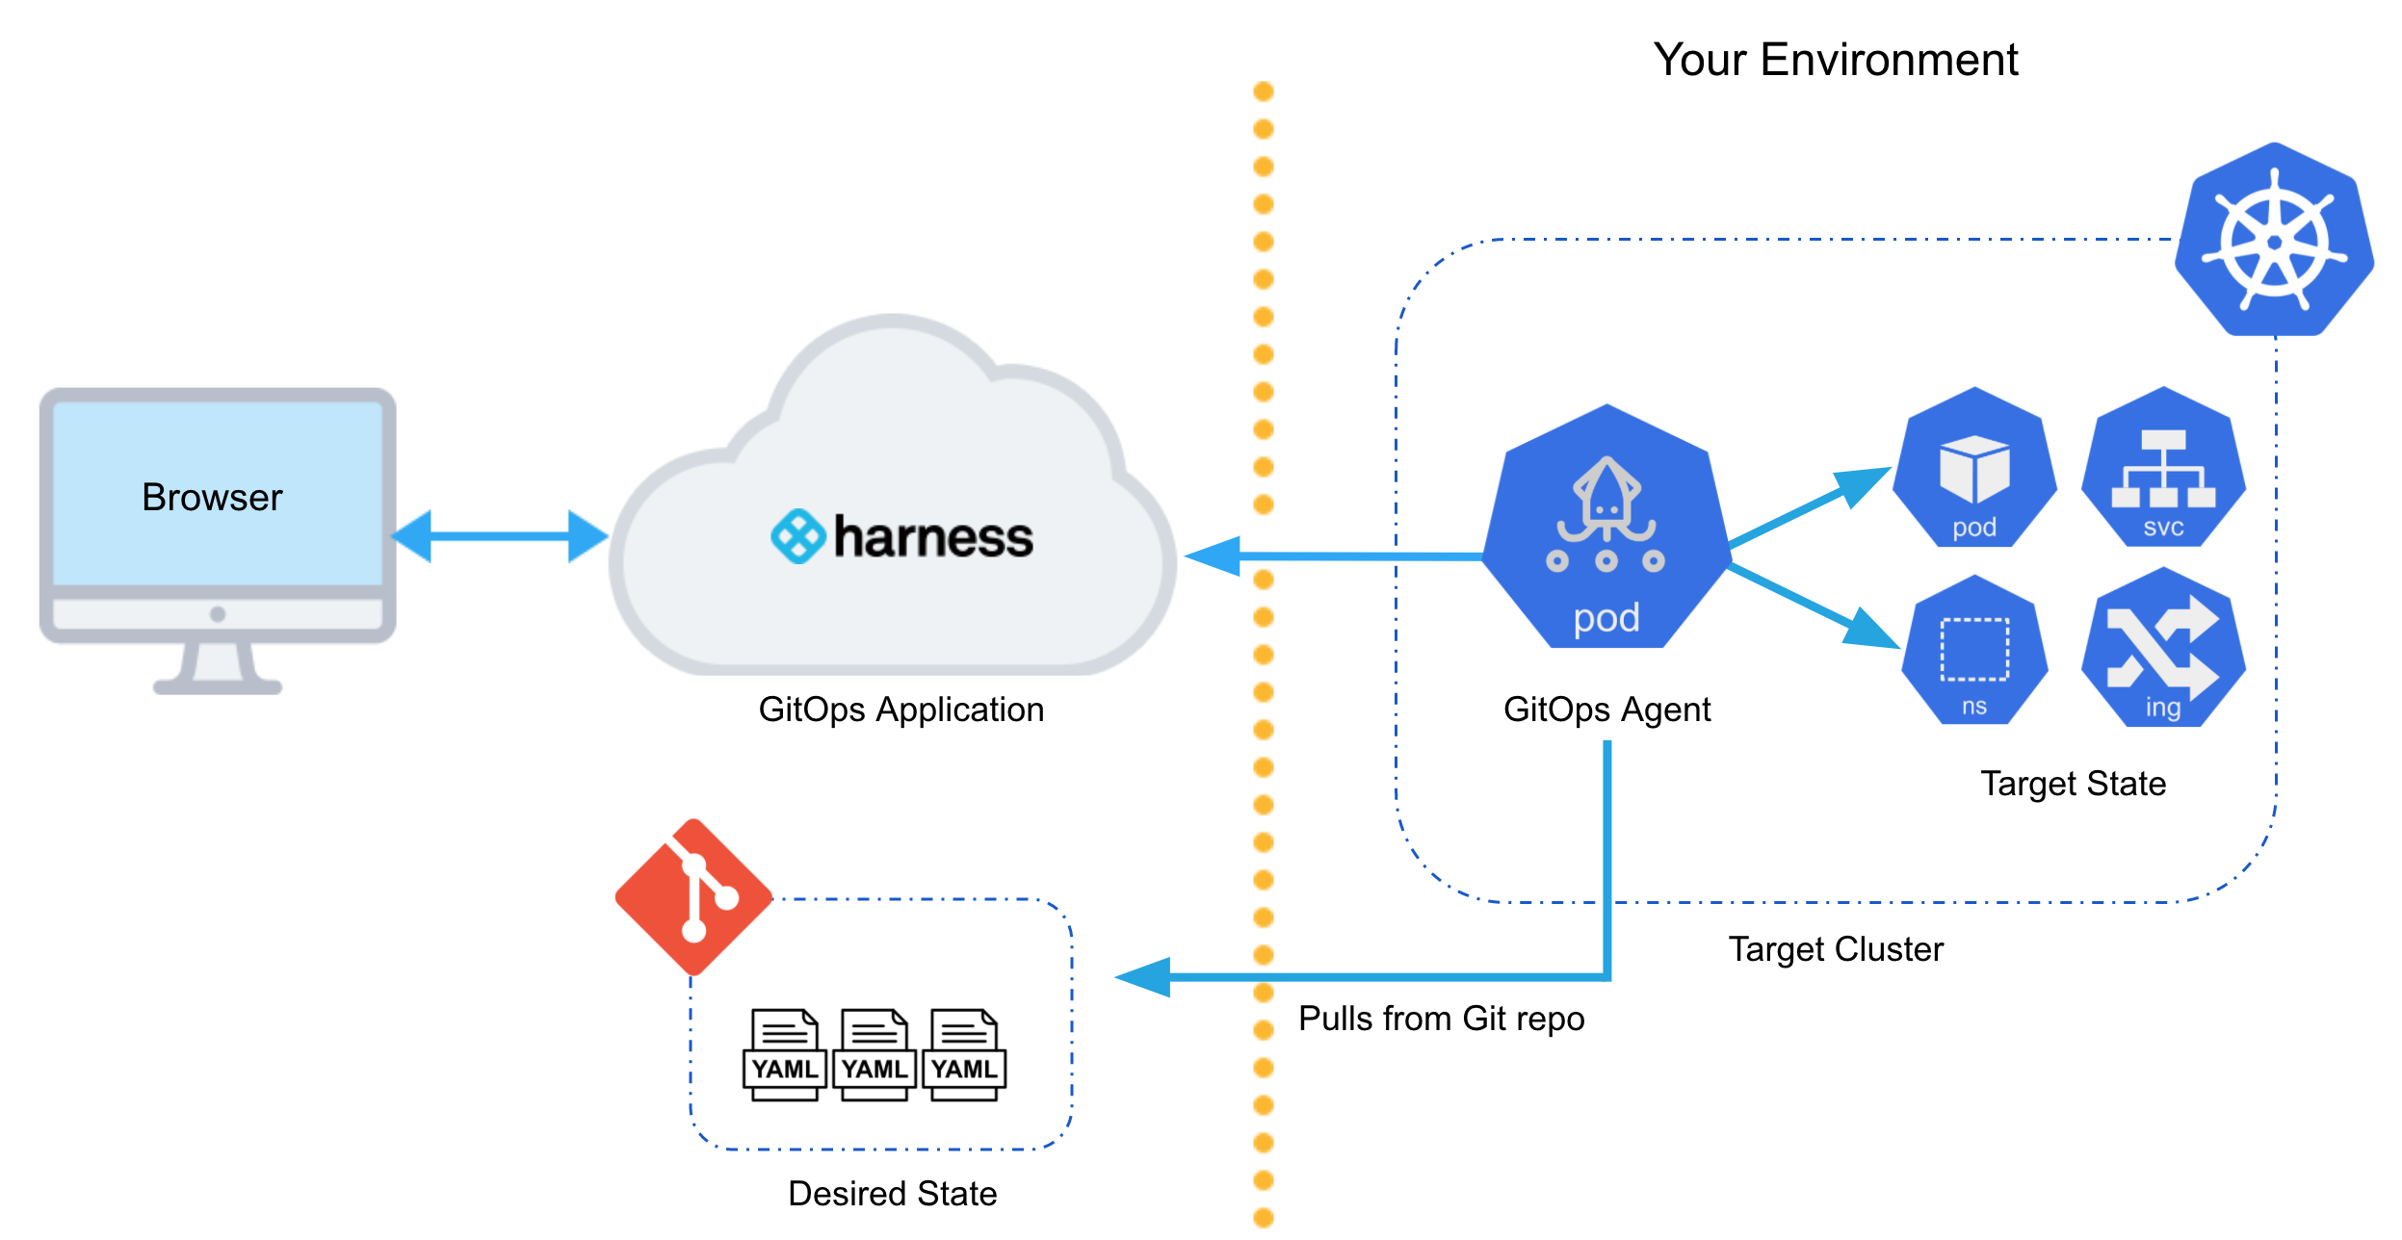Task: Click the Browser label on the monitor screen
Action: (x=212, y=498)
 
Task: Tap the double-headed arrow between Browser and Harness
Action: (x=500, y=536)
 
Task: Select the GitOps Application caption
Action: (x=901, y=710)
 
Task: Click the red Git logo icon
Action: (x=693, y=897)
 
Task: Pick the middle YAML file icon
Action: (x=874, y=1054)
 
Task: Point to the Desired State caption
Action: (x=892, y=1193)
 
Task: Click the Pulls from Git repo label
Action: (x=1441, y=1019)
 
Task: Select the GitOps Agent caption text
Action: (x=1606, y=710)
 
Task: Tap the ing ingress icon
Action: (x=2163, y=647)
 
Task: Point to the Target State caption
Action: (x=2073, y=784)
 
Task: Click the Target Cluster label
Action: (x=1836, y=949)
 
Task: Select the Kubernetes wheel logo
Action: (x=2274, y=240)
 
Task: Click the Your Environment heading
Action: (x=1836, y=60)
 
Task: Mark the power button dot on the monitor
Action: (x=218, y=614)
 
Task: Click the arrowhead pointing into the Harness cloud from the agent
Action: (x=1212, y=556)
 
